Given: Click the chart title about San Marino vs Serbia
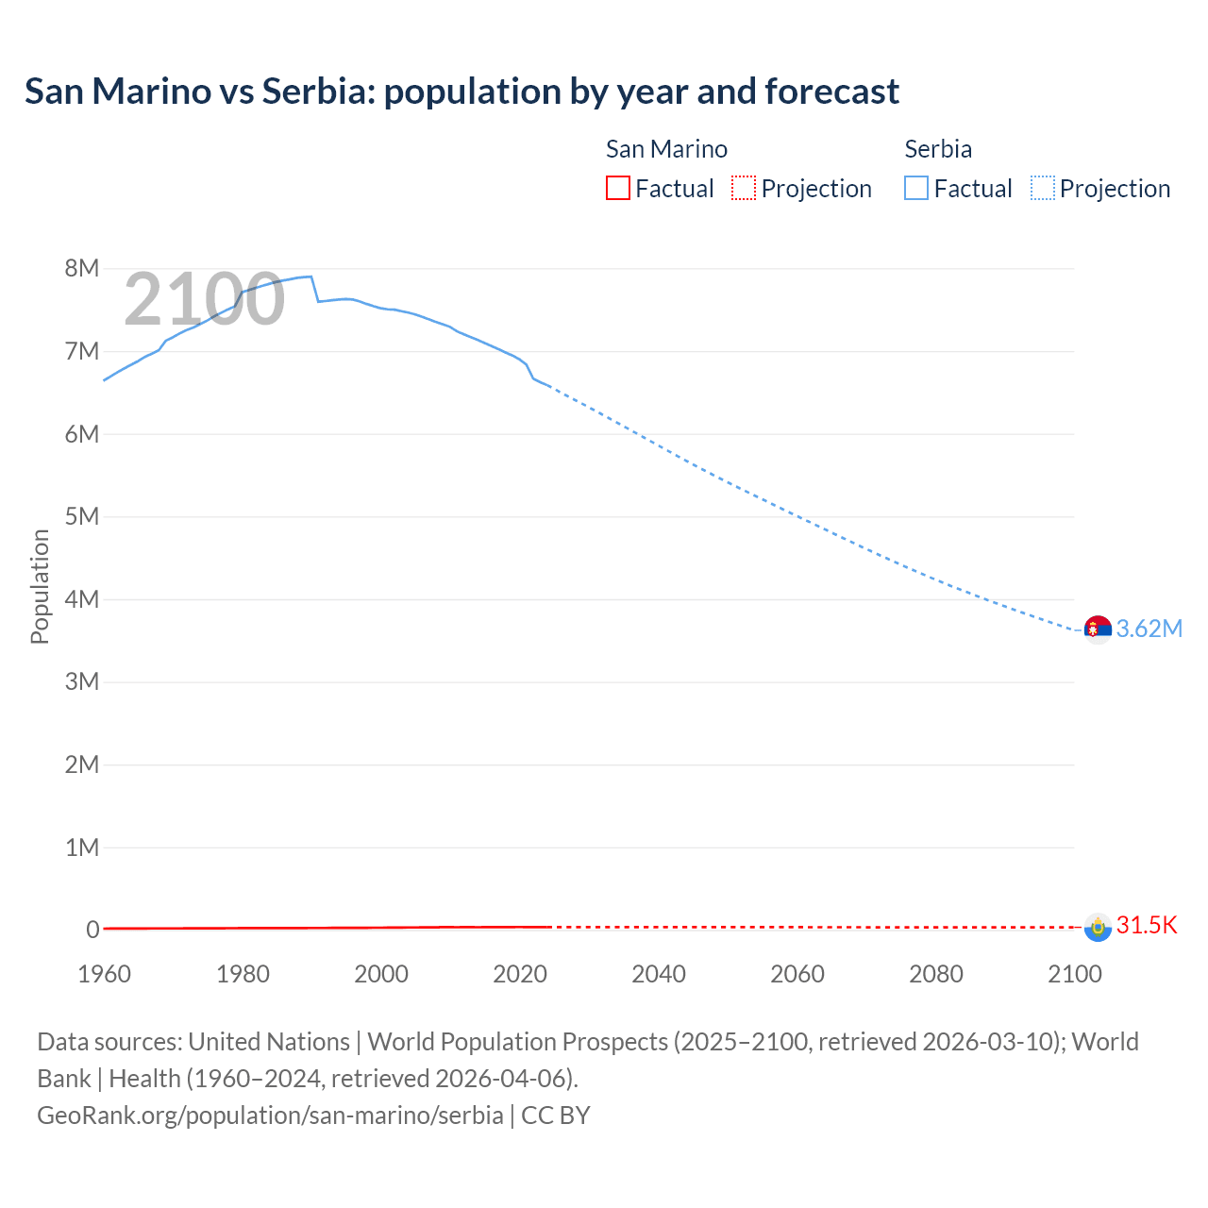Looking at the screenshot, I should pos(461,92).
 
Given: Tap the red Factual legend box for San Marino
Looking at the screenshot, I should pos(617,188).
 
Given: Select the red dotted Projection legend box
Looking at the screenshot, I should pos(744,188).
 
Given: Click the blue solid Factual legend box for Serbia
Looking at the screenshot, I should pos(916,188).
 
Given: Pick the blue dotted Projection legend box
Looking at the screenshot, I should pos(1043,188).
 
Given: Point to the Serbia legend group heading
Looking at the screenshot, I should pos(938,149).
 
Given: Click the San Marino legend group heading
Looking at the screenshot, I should pos(666,149).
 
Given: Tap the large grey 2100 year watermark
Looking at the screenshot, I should pos(204,299).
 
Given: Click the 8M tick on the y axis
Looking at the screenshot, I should pos(82,268).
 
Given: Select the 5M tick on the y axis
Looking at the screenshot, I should pos(82,516).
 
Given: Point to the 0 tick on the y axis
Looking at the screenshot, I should pos(92,930).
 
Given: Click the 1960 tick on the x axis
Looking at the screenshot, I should pos(104,974).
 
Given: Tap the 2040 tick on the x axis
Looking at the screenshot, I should pos(659,974).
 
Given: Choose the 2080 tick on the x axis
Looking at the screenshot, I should pos(936,974).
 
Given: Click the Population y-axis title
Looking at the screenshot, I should pos(40,586).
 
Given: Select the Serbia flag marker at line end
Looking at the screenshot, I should pos(1098,629).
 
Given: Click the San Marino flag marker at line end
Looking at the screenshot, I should pos(1098,927).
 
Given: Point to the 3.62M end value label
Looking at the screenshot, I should pos(1149,629).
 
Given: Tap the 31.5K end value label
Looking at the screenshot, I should pos(1147,925).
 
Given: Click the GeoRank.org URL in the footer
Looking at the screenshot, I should pos(270,1115).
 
